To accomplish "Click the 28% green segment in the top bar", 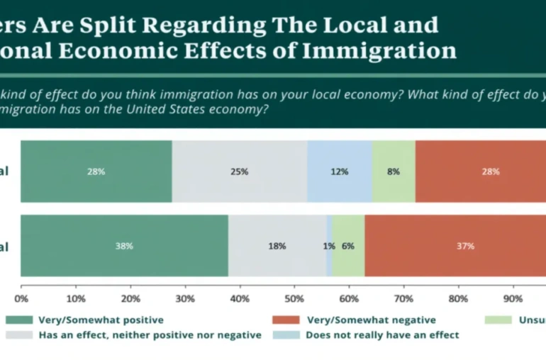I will pyautogui.click(x=96, y=171).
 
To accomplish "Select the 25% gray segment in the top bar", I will pyautogui.click(x=240, y=171).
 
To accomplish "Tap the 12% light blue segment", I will pyautogui.click(x=340, y=171).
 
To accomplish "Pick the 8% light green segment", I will pyautogui.click(x=394, y=171).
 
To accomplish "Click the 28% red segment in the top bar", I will pyautogui.click(x=481, y=171).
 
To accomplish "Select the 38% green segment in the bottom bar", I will pyautogui.click(x=124, y=246).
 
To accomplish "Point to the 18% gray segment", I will pyautogui.click(x=277, y=246).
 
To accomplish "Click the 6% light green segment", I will pyautogui.click(x=348, y=246).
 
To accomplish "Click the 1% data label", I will pyautogui.click(x=329, y=247).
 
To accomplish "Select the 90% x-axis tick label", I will pyautogui.click(x=513, y=298).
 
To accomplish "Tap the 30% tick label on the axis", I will pyautogui.click(x=186, y=298).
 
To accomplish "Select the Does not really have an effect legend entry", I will pyautogui.click(x=381, y=334).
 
